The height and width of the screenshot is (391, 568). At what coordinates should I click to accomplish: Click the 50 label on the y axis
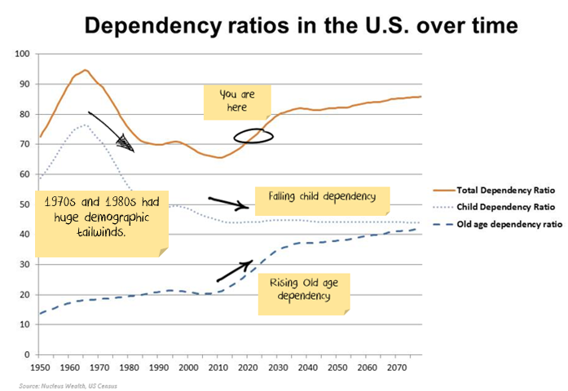click(x=24, y=204)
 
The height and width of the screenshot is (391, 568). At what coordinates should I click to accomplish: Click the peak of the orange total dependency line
click(x=86, y=70)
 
